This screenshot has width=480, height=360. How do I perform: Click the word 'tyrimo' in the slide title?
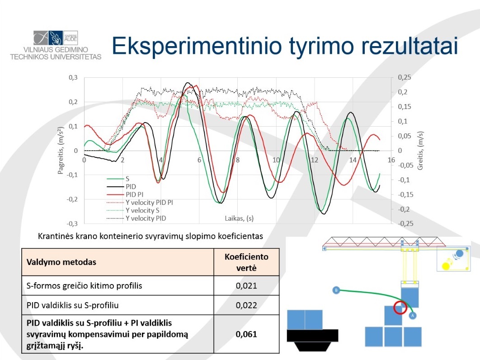320,47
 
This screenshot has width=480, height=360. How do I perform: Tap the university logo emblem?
56,38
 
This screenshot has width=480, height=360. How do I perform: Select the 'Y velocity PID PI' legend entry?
140,203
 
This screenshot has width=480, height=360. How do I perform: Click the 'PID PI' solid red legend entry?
125,194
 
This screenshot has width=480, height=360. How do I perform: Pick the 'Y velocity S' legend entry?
133,210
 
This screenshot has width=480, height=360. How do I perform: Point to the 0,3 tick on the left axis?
73,77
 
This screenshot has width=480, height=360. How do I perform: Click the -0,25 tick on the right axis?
405,223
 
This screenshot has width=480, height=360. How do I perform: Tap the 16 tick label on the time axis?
391,160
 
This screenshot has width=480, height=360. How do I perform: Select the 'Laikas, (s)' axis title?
239,218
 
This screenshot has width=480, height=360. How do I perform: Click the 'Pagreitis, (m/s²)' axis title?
61,150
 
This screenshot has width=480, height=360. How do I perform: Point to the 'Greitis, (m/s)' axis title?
420,151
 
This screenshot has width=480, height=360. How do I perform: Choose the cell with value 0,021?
246,286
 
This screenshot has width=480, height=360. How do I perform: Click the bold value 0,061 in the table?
246,334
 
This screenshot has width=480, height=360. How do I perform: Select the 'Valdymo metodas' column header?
61,262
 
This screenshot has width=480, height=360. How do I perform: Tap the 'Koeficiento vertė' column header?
246,262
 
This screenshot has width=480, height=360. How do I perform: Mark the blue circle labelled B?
336,290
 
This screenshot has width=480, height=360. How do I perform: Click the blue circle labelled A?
412,315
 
